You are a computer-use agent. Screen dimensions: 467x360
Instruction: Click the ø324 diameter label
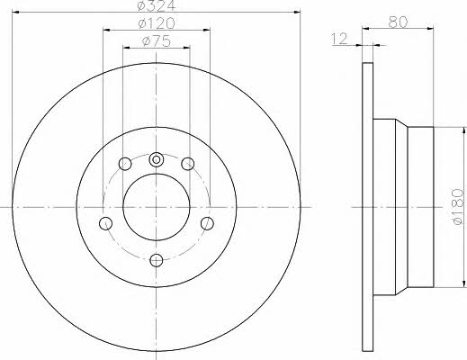pos(156,5)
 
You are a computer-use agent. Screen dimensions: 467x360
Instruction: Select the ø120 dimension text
pos(157,23)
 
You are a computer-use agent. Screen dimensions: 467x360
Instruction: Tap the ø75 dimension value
pos(157,41)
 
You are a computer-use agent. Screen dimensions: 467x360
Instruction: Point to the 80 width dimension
pos(398,22)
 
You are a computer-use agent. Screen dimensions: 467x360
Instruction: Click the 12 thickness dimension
pos(339,39)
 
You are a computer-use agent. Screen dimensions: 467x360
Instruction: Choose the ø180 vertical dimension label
pos(457,207)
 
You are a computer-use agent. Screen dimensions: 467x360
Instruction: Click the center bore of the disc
pos(157,207)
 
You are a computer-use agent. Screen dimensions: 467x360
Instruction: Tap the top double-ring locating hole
pos(156,159)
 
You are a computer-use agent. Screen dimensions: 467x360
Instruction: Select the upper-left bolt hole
pos(125,164)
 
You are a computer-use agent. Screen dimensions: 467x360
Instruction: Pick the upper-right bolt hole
pos(188,164)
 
